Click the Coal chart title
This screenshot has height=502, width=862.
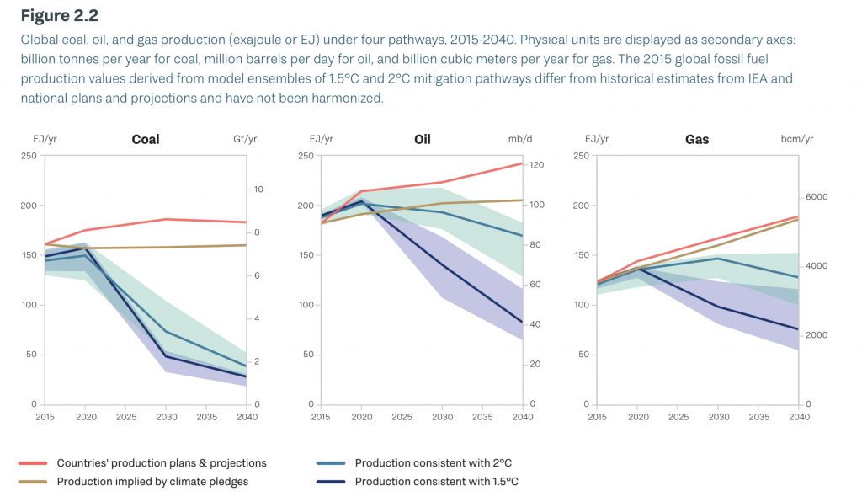point(146,139)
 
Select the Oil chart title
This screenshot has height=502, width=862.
point(422,139)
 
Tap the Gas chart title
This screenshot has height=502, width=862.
point(697,139)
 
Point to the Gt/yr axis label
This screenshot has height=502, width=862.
point(244,139)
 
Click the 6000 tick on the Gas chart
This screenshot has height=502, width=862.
point(816,197)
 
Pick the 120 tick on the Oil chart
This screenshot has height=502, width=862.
point(536,165)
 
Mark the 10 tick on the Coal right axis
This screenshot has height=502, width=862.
point(258,190)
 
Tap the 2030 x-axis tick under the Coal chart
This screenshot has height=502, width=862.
point(166,417)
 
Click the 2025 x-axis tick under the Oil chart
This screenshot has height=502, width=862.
point(402,417)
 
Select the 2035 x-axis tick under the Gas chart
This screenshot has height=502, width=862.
point(758,417)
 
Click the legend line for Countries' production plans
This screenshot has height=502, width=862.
point(32,463)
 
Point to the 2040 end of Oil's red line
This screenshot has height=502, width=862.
point(521,163)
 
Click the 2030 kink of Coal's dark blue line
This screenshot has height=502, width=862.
point(166,356)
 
